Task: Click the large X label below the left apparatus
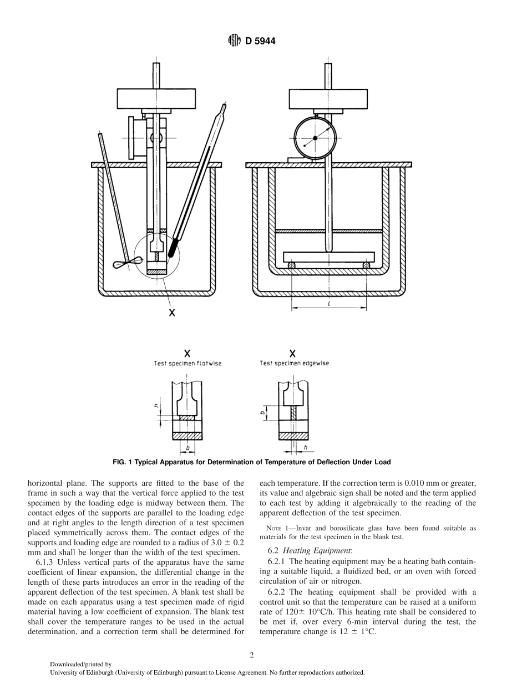tap(172, 313)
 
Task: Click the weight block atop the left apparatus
tap(156, 98)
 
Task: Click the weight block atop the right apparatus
tap(328, 98)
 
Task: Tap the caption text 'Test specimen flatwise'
tap(188, 364)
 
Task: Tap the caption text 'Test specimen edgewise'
tap(294, 363)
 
